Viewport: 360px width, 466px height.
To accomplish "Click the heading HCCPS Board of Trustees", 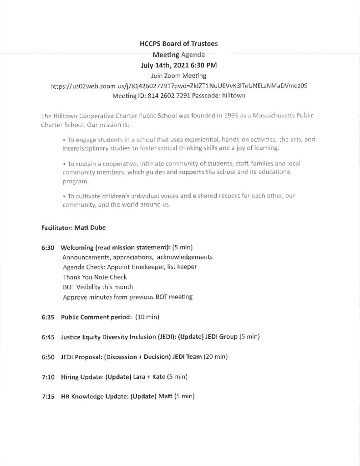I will pyautogui.click(x=178, y=44).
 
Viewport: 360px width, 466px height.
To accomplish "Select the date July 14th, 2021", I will pyautogui.click(x=158, y=65).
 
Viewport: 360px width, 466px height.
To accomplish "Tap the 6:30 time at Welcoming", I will pyautogui.click(x=47, y=248).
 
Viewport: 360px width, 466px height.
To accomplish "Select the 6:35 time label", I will pyautogui.click(x=47, y=317).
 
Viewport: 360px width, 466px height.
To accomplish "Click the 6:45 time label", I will pyautogui.click(x=47, y=337).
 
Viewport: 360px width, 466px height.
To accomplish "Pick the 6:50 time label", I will pyautogui.click(x=47, y=357).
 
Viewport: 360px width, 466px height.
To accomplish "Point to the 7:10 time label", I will pyautogui.click(x=47, y=377).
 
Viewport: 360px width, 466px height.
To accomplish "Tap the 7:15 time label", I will pyautogui.click(x=47, y=397).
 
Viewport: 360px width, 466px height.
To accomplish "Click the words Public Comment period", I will pyautogui.click(x=96, y=317).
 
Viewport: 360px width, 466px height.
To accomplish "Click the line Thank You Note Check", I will pyautogui.click(x=95, y=277).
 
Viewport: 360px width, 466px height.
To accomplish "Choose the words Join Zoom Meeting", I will pyautogui.click(x=178, y=76).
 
